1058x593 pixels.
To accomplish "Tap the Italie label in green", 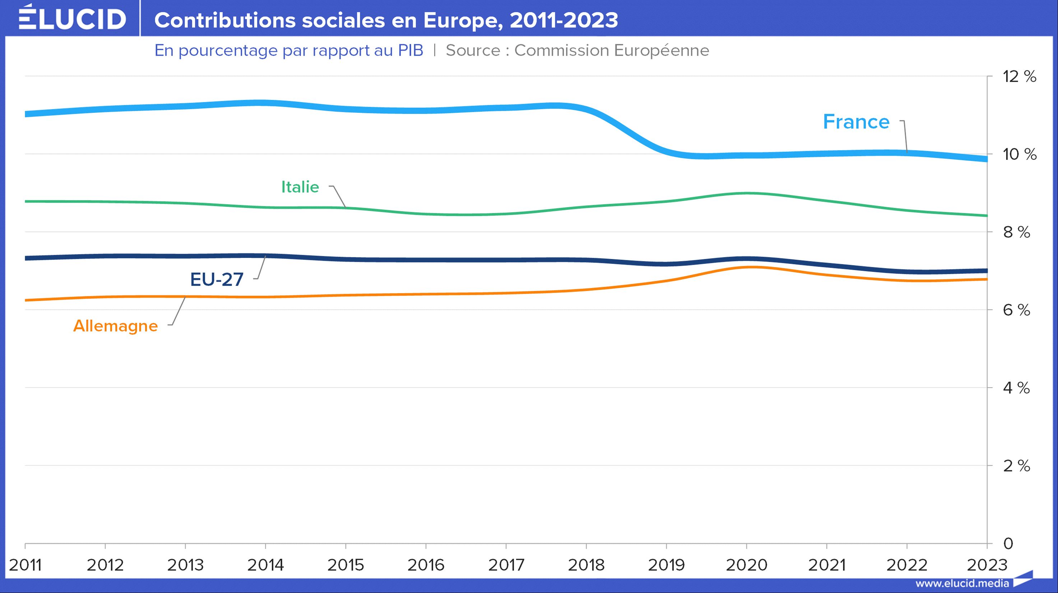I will pos(300,187).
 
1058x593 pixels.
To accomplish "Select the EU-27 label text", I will pos(217,279).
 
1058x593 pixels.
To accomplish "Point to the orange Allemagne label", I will pos(115,326).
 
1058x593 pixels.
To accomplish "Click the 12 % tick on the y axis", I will pos(1019,77).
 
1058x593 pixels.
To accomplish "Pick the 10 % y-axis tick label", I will pos(1019,154).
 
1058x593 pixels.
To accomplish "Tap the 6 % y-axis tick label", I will pos(1016,310).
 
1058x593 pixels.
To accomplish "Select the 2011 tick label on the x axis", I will pos(25,565).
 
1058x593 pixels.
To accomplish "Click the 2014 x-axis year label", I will pos(265,565).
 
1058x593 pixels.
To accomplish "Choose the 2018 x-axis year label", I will pos(586,565).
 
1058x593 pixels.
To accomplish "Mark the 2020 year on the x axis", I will pos(746,565).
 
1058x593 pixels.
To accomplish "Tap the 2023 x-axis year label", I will pos(987,565).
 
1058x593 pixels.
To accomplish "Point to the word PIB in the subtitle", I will pos(410,51).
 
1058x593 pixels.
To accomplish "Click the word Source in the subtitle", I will pos(473,51).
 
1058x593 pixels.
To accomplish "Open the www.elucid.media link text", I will pos(962,583).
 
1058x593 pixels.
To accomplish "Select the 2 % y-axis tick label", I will pos(1016,466).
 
